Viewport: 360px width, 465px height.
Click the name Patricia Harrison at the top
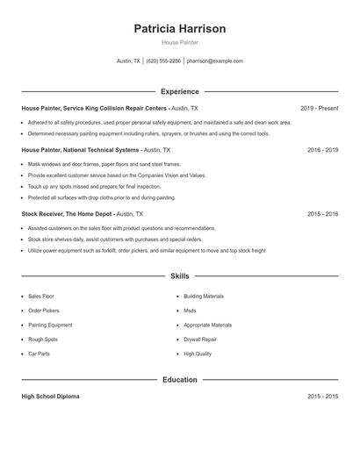click(180, 29)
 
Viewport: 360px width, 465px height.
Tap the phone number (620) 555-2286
click(163, 61)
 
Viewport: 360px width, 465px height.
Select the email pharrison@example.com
click(215, 61)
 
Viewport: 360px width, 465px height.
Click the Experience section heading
click(180, 91)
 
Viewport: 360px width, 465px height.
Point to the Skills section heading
click(180, 276)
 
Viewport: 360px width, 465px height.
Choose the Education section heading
click(180, 380)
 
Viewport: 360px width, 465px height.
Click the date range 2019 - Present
click(319, 108)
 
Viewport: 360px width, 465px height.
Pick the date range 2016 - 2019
click(322, 150)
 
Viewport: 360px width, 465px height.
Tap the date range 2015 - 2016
click(322, 213)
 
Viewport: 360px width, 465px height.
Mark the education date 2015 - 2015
click(322, 397)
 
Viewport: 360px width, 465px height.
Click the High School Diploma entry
click(50, 397)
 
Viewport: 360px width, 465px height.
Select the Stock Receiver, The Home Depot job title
click(68, 213)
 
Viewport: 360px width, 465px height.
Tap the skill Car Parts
click(39, 354)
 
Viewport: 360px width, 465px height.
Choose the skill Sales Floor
click(41, 297)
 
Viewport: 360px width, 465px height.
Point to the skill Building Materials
click(204, 297)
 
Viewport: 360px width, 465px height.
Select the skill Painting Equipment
click(50, 325)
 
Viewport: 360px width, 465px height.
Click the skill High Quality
click(198, 354)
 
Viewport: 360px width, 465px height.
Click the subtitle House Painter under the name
click(180, 42)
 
